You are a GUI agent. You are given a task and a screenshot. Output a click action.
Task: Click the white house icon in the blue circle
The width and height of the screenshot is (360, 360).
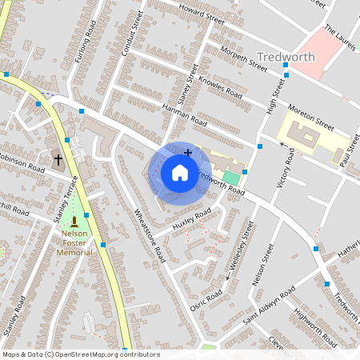tap(179, 172)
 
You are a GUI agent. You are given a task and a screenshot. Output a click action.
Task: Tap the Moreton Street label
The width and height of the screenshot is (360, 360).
tap(313, 121)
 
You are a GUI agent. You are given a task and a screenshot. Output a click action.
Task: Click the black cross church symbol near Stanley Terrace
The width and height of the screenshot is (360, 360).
tap(58, 160)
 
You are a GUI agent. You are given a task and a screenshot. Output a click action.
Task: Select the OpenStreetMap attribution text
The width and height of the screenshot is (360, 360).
tap(81, 354)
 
